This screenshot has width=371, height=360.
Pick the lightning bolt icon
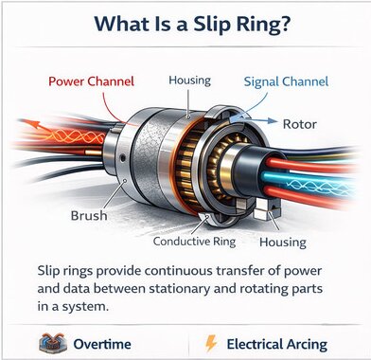211,341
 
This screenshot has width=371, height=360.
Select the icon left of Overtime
47,341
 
